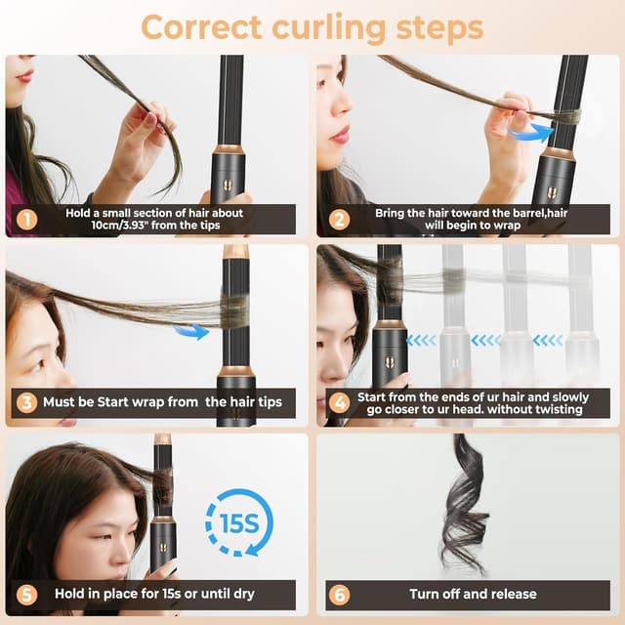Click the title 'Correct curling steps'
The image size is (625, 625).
312,26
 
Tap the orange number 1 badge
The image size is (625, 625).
26,220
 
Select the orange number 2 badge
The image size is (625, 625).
338,220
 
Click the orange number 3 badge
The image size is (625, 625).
25,402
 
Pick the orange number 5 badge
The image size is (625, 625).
25,594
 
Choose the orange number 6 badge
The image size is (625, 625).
338,594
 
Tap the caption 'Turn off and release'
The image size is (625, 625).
472,594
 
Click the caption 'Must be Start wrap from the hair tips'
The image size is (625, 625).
166,402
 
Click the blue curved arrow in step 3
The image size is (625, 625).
191,332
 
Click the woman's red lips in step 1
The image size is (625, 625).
24,75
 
